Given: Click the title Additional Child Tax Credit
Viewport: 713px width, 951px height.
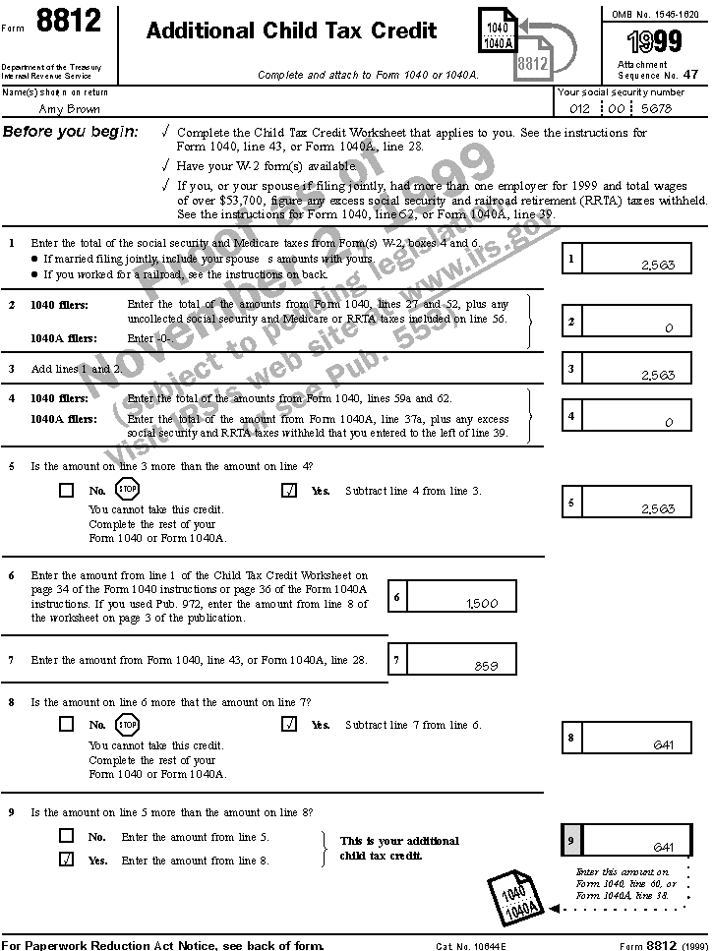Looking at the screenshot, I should pyautogui.click(x=291, y=31).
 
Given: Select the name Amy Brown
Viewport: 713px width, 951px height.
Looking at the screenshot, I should pyautogui.click(x=69, y=109).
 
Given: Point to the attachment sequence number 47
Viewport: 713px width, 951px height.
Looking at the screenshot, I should pyautogui.click(x=690, y=73).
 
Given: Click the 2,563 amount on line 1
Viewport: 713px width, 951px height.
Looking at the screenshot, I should pyautogui.click(x=657, y=265).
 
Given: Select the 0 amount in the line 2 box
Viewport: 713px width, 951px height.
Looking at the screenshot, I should pyautogui.click(x=669, y=328).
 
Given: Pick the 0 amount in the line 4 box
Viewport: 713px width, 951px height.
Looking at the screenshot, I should pyautogui.click(x=669, y=422).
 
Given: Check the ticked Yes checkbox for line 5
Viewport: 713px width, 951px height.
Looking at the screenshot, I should pyautogui.click(x=289, y=490).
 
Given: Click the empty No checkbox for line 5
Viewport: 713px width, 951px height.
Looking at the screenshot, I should pyautogui.click(x=66, y=490).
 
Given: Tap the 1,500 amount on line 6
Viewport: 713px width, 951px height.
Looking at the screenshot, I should pyautogui.click(x=482, y=604).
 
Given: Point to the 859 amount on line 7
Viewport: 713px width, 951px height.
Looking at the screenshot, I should pyautogui.click(x=486, y=666).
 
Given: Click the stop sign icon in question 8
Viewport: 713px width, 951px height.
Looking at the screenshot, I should pyautogui.click(x=128, y=725).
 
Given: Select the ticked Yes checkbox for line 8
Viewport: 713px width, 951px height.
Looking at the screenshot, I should pyautogui.click(x=289, y=725).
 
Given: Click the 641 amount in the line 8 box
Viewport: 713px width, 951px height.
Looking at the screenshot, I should pyautogui.click(x=664, y=744).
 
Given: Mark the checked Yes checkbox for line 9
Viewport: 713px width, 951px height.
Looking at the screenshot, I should pyautogui.click(x=66, y=860).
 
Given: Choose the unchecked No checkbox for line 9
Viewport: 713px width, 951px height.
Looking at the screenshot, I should pyautogui.click(x=66, y=836).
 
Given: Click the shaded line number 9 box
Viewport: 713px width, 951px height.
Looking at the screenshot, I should pyautogui.click(x=571, y=840).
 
